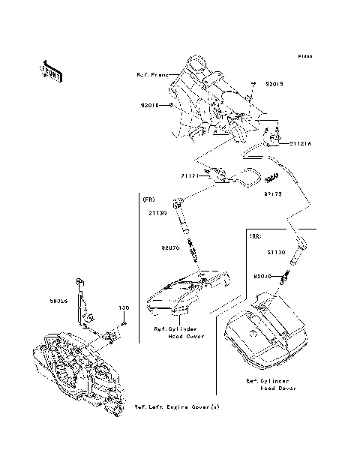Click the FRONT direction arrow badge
pyautogui.click(x=50, y=70)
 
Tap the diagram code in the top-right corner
pyautogui.click(x=304, y=56)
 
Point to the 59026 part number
pyautogui.click(x=56, y=299)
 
